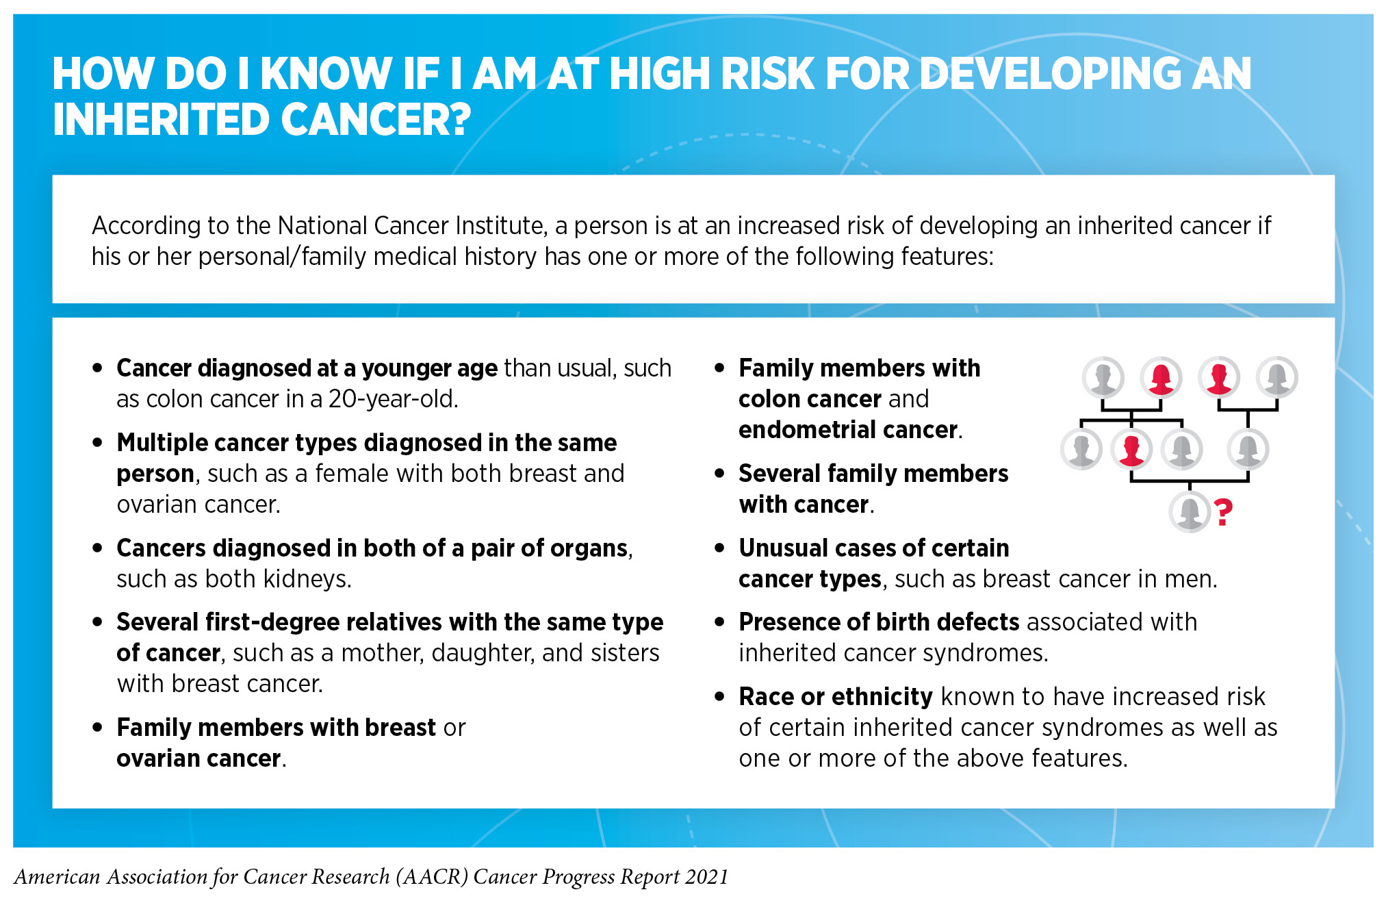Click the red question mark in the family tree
[1223, 512]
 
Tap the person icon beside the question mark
[1190, 512]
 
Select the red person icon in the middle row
[1131, 450]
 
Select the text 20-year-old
[393, 398]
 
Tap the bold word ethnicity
[882, 697]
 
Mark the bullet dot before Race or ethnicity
[719, 697]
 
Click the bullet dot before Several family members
[719, 474]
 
